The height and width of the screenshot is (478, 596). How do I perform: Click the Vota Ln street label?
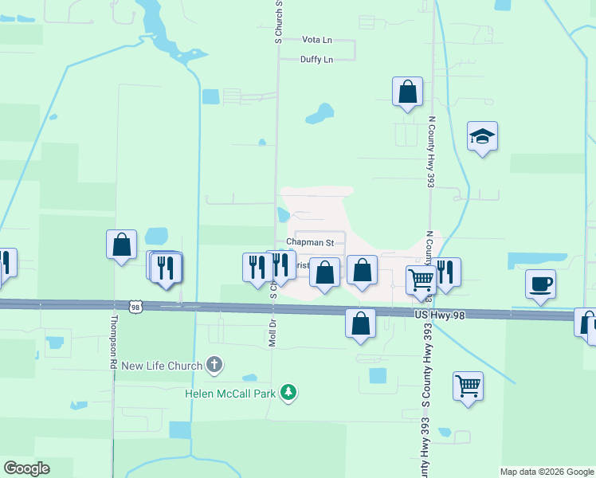tap(316, 39)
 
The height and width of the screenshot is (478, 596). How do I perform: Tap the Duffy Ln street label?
tap(316, 59)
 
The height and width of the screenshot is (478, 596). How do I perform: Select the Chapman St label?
tap(305, 242)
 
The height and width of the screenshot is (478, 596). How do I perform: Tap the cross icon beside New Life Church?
tap(214, 365)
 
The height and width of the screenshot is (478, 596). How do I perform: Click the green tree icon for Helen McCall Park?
tap(288, 392)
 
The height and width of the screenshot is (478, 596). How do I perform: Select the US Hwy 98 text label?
tap(439, 315)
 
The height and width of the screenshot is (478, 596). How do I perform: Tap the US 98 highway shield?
tap(134, 306)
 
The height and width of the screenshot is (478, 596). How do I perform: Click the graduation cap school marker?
tap(482, 137)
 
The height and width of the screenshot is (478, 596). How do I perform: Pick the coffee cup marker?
tap(540, 284)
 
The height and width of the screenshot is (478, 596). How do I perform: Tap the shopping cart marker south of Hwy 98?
tap(468, 386)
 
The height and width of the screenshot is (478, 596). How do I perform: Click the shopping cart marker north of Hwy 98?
tap(420, 280)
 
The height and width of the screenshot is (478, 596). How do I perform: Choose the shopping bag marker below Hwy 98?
tap(360, 323)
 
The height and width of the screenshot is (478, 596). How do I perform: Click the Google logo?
tap(26, 468)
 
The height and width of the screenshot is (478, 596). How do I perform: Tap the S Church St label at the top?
tap(279, 21)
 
